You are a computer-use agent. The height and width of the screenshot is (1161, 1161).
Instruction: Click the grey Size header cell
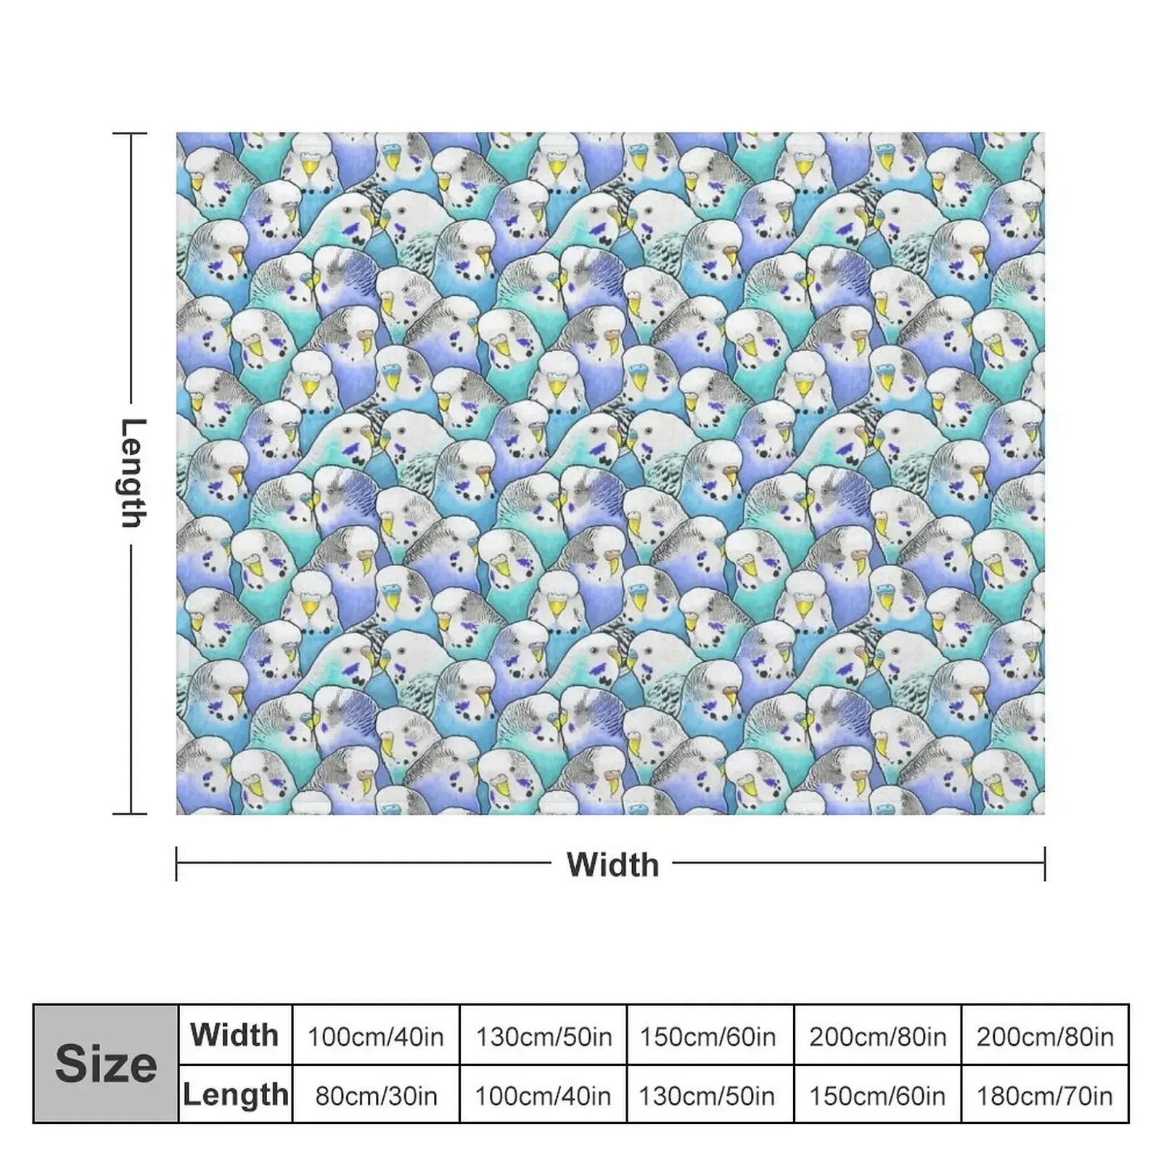click(x=106, y=1064)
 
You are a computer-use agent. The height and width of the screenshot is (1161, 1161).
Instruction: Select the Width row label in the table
click(x=234, y=1035)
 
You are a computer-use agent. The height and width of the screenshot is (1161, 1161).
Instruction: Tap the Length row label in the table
click(x=235, y=1094)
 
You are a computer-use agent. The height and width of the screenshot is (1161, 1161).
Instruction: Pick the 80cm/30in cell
click(x=376, y=1095)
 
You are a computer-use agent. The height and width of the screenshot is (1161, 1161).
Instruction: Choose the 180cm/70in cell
click(x=1045, y=1095)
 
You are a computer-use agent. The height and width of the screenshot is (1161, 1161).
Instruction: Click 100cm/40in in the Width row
click(x=376, y=1036)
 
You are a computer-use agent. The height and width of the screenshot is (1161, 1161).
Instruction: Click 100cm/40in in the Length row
click(x=543, y=1095)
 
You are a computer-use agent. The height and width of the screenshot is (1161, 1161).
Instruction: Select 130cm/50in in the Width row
click(x=543, y=1036)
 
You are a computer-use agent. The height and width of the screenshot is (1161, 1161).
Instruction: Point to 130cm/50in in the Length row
click(x=707, y=1095)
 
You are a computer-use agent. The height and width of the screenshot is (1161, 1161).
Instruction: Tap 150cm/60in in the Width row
click(x=707, y=1036)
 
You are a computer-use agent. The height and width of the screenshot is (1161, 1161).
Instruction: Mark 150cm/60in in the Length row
click(x=877, y=1095)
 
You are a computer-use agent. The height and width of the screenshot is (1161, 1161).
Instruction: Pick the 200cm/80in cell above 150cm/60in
click(x=877, y=1036)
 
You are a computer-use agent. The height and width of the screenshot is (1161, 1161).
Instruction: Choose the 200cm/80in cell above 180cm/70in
click(x=1045, y=1036)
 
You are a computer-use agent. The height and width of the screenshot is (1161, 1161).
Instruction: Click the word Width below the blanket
click(x=612, y=864)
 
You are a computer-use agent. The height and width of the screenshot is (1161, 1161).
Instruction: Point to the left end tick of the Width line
click(x=176, y=863)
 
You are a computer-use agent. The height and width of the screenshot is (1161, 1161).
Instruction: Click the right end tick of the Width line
click(x=1045, y=863)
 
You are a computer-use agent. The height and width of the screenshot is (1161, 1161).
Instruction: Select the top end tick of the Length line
click(x=131, y=134)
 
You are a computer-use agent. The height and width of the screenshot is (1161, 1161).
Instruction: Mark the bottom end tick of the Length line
click(x=131, y=813)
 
